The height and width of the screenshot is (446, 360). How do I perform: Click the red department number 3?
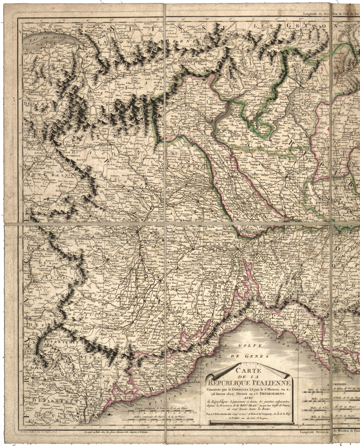click(x=266, y=160)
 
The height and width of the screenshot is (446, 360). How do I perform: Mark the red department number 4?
click(x=328, y=129)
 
